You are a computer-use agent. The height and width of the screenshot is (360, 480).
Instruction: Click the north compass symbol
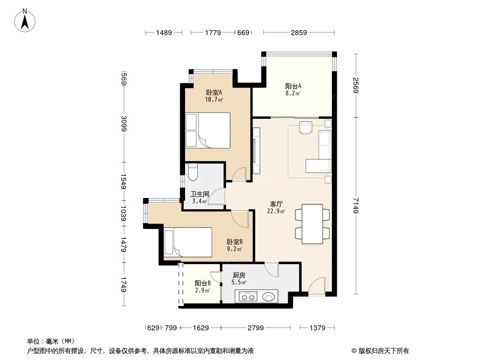[x=26, y=21]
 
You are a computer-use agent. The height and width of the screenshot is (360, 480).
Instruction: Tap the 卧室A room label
[x=214, y=96]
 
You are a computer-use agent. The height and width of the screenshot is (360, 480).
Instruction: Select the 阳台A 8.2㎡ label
[x=293, y=90]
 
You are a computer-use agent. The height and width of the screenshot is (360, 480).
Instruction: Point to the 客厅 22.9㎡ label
[x=276, y=207]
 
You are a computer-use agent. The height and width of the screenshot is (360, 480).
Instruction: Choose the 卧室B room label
[x=235, y=245]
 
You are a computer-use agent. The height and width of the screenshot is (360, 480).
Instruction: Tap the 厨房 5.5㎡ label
[x=239, y=279]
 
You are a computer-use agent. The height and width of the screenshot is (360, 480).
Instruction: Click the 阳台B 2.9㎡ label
[x=202, y=287]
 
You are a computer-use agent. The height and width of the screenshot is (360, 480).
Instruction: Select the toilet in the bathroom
[x=193, y=171]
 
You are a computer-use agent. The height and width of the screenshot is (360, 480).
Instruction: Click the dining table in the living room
[x=312, y=224]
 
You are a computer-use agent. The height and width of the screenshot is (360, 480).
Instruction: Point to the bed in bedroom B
[x=188, y=243]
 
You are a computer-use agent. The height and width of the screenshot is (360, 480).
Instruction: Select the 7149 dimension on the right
[x=355, y=206]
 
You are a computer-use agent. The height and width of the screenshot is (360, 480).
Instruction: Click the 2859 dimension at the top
[x=299, y=32]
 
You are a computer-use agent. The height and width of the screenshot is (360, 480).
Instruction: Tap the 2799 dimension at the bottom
[x=255, y=328]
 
